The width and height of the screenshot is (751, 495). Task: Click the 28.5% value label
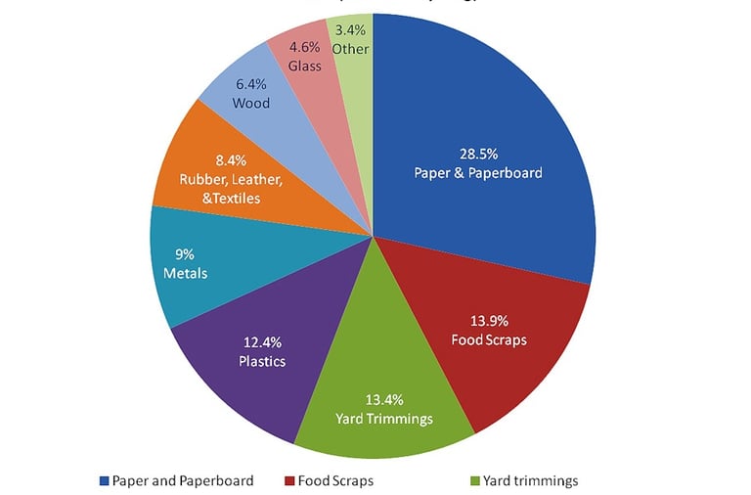479,154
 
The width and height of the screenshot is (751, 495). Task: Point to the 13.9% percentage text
489,321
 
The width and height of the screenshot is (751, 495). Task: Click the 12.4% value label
262,342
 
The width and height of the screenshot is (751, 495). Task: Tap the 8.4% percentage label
231,158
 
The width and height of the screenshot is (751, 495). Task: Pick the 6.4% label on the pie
251,85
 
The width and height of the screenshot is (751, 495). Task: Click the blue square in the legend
104,480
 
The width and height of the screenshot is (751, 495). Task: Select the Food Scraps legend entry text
335,480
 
